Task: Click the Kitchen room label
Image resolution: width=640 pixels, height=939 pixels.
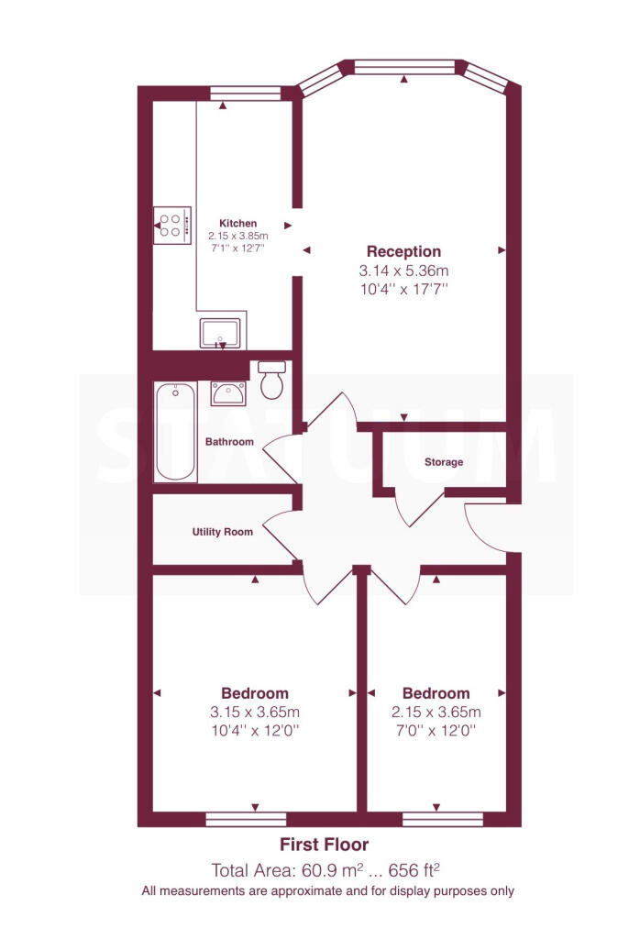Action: coord(237,224)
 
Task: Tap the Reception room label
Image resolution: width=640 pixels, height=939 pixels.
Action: coord(403,251)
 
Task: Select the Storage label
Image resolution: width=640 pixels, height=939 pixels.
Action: coord(444,462)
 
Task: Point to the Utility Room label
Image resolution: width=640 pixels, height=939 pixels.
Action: coord(222,532)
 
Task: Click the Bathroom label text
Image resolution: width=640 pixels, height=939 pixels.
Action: coord(229,442)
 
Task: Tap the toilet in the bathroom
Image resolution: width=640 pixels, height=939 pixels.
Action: coord(272,380)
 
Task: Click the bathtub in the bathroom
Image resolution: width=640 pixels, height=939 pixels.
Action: coord(175,431)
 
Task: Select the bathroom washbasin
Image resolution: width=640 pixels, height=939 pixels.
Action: coord(228,394)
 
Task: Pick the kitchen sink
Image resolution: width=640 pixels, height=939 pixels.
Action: coord(220,334)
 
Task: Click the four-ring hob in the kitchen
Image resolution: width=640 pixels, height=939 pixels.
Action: coord(172,226)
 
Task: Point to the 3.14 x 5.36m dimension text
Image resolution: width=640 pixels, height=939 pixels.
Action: coord(403,271)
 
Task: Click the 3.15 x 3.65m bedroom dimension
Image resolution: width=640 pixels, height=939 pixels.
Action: coord(255,712)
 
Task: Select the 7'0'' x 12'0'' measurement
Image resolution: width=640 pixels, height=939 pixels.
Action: coord(436,731)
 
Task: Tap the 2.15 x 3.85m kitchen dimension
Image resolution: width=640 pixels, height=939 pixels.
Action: coord(237,236)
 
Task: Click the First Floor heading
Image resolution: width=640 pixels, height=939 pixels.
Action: coord(324,845)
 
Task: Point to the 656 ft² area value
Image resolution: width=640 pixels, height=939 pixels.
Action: coord(414,869)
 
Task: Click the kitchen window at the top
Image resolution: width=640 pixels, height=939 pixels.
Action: coord(246,93)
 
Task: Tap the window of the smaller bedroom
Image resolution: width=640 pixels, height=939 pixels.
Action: coord(443,819)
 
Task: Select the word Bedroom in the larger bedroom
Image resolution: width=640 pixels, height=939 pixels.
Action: coord(255,693)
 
